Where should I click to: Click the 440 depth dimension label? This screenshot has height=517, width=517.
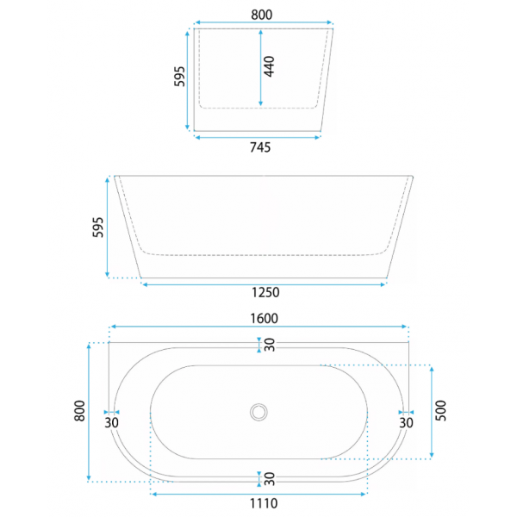coord(270,66)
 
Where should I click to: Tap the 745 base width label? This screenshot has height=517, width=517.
coord(260,147)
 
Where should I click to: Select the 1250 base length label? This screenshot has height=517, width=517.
coord(265,292)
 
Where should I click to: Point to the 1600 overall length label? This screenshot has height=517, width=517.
coord(265,319)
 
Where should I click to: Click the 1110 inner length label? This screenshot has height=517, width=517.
coord(264,503)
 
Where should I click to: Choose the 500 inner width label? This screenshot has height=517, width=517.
coord(441,410)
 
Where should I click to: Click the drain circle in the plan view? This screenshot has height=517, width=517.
coord(258,412)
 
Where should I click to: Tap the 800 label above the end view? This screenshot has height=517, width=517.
coord(262,15)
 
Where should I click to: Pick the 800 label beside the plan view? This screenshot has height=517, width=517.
coord(80,410)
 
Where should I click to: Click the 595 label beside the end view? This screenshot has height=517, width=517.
coord(180,77)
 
